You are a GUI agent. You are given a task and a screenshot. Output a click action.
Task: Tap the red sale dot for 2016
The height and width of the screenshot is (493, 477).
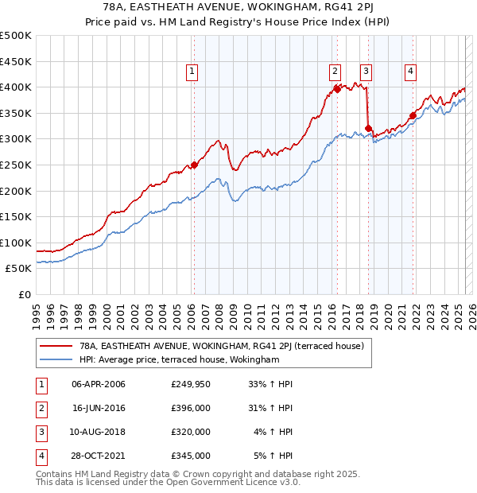click(x=337, y=89)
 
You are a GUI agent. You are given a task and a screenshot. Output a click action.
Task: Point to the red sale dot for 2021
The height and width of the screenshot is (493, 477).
click(x=413, y=115)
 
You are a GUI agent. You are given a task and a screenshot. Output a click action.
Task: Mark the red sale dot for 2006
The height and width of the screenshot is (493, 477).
click(x=194, y=165)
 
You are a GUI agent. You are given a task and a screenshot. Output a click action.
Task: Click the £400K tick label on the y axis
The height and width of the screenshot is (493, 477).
click(x=16, y=87)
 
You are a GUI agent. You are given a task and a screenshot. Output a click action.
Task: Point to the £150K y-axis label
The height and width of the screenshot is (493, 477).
click(x=16, y=216)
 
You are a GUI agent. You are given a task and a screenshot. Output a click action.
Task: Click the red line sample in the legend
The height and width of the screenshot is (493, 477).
click(x=54, y=347)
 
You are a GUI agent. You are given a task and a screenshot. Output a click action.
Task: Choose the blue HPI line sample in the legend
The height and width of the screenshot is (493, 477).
click(x=54, y=360)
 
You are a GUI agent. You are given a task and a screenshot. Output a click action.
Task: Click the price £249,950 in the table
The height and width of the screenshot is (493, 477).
click(x=191, y=384)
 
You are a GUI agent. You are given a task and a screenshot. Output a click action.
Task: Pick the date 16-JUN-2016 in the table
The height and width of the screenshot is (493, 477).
click(x=99, y=408)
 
